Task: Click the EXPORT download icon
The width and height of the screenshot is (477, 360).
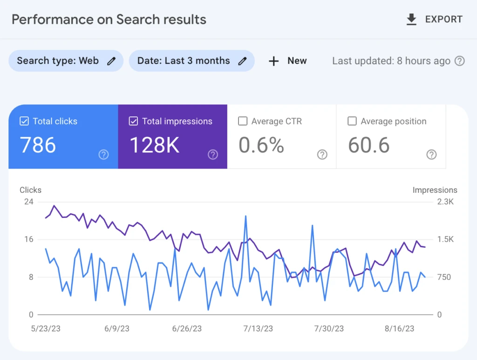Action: tap(411, 20)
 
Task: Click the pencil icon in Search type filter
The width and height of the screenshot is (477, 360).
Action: tap(111, 61)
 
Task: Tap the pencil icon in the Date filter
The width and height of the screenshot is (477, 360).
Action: tap(242, 61)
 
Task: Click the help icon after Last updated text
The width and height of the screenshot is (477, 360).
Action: tap(460, 61)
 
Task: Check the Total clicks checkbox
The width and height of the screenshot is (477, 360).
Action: tap(24, 121)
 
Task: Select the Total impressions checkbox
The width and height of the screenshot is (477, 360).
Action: tap(133, 121)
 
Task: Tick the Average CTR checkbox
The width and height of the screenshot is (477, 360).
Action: tap(243, 121)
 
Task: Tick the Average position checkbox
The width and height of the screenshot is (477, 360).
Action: tap(352, 121)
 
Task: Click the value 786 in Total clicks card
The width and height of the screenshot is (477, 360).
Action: tap(38, 145)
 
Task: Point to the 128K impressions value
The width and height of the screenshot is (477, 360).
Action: tap(154, 145)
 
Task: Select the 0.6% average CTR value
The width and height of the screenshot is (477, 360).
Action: tap(261, 145)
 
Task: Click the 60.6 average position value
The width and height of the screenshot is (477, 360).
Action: tap(369, 145)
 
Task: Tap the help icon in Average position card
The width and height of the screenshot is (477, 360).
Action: tap(431, 155)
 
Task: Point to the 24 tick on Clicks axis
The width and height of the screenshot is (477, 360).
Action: tap(29, 202)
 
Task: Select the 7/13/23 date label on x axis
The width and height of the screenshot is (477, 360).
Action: tap(258, 328)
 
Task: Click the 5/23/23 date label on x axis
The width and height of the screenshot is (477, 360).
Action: tap(46, 328)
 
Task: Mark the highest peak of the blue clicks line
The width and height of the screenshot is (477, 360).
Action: tap(245, 216)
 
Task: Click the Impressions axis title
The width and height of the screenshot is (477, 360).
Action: tap(435, 190)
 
